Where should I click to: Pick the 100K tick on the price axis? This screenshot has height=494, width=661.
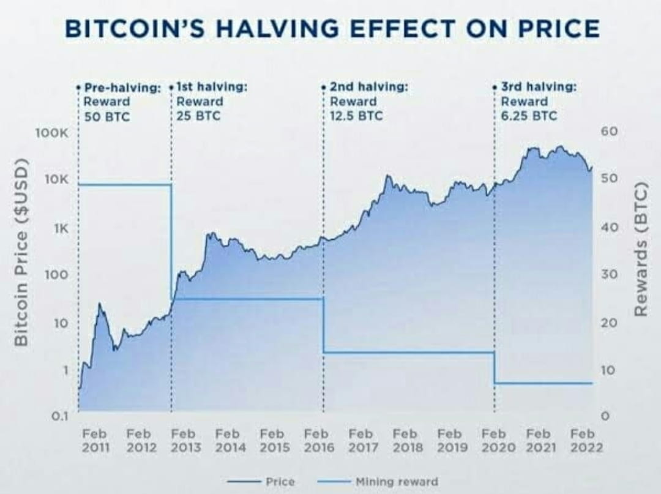click(56, 133)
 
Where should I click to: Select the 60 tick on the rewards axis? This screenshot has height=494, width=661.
click(610, 132)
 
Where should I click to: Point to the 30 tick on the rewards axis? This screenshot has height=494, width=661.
click(610, 275)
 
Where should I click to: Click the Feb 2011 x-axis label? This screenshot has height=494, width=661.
click(96, 440)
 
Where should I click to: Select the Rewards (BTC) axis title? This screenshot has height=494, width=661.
click(641, 249)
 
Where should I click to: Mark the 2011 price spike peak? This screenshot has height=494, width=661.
click(99, 304)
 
